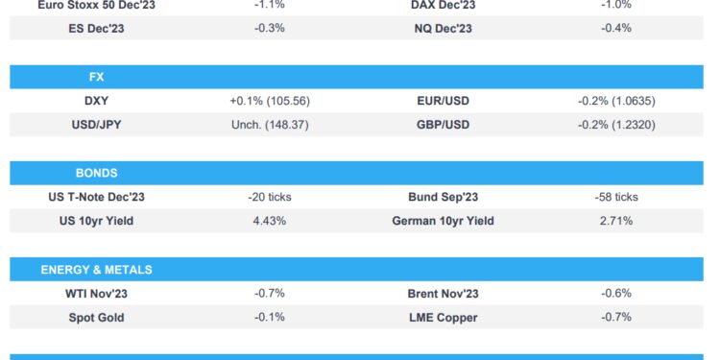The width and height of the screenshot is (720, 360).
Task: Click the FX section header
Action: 96,77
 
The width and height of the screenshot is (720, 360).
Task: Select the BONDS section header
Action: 96,174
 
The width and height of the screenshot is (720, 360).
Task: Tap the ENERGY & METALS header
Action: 96,270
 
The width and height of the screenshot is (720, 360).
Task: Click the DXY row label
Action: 96,101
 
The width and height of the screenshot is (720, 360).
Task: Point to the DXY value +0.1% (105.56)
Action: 270,101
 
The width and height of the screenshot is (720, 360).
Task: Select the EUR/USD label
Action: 443,101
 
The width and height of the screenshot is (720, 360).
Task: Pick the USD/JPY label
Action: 96,125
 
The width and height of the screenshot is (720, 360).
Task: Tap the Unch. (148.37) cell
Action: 270,125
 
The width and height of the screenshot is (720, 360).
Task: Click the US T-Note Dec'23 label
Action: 96,197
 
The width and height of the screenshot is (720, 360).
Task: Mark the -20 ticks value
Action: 270,197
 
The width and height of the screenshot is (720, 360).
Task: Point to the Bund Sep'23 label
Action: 443,197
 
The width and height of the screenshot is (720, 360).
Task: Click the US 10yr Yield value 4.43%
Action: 270,221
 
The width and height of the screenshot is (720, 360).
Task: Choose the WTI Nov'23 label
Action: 96,294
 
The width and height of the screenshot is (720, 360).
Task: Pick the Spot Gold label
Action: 96,318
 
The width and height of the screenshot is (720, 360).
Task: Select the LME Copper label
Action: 443,318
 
